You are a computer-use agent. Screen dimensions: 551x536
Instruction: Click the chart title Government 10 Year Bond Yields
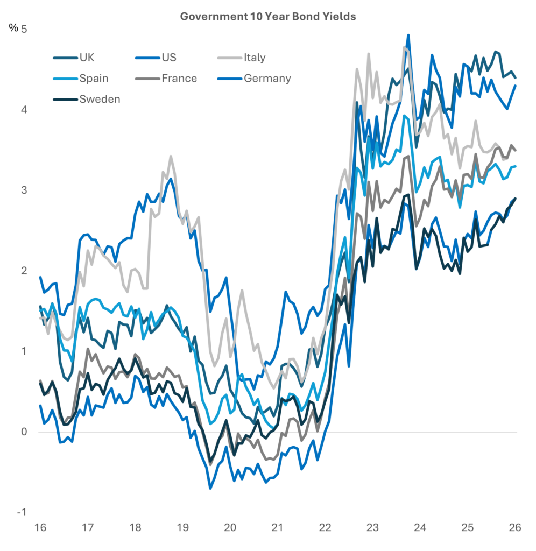pyautogui.click(x=267, y=17)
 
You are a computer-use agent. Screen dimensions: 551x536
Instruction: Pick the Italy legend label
pyautogui.click(x=255, y=58)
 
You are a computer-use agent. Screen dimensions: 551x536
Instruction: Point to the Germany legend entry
pyautogui.click(x=267, y=79)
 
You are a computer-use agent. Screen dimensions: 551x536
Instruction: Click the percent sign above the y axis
pyautogui.click(x=13, y=29)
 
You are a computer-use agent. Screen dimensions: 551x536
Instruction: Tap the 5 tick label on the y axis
pyautogui.click(x=24, y=29)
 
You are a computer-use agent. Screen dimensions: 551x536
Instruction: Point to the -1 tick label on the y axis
pyautogui.click(x=22, y=512)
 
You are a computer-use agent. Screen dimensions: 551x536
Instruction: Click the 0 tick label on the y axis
pyautogui.click(x=24, y=432)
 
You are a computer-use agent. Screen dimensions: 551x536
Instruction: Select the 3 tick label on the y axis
pyautogui.click(x=24, y=190)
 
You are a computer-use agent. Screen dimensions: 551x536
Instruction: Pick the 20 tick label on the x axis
pyautogui.click(x=230, y=528)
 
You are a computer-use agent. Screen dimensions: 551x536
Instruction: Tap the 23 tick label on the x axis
pyautogui.click(x=373, y=528)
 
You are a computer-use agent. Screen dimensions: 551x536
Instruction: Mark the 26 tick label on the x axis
pyautogui.click(x=516, y=528)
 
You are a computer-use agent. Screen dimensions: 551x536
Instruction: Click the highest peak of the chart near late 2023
pyautogui.click(x=408, y=36)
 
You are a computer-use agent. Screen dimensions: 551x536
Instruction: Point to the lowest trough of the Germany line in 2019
pyautogui.click(x=210, y=488)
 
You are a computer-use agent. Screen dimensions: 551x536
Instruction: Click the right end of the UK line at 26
pyautogui.click(x=516, y=78)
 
